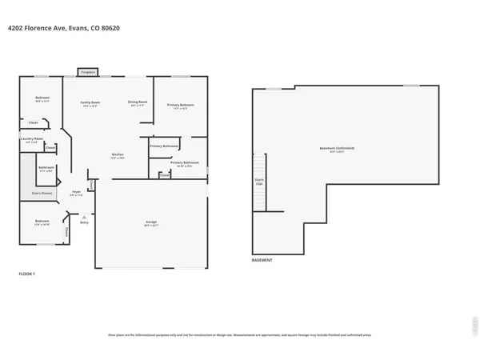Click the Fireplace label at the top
88,72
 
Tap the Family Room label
90,102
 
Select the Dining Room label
138,102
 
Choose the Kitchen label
117,154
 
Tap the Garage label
151,224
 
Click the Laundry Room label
31,139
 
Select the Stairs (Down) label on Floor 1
42,193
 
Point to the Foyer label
78,192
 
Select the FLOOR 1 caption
27,274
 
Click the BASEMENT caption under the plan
262,261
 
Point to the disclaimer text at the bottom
240,334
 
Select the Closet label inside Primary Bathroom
164,175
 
